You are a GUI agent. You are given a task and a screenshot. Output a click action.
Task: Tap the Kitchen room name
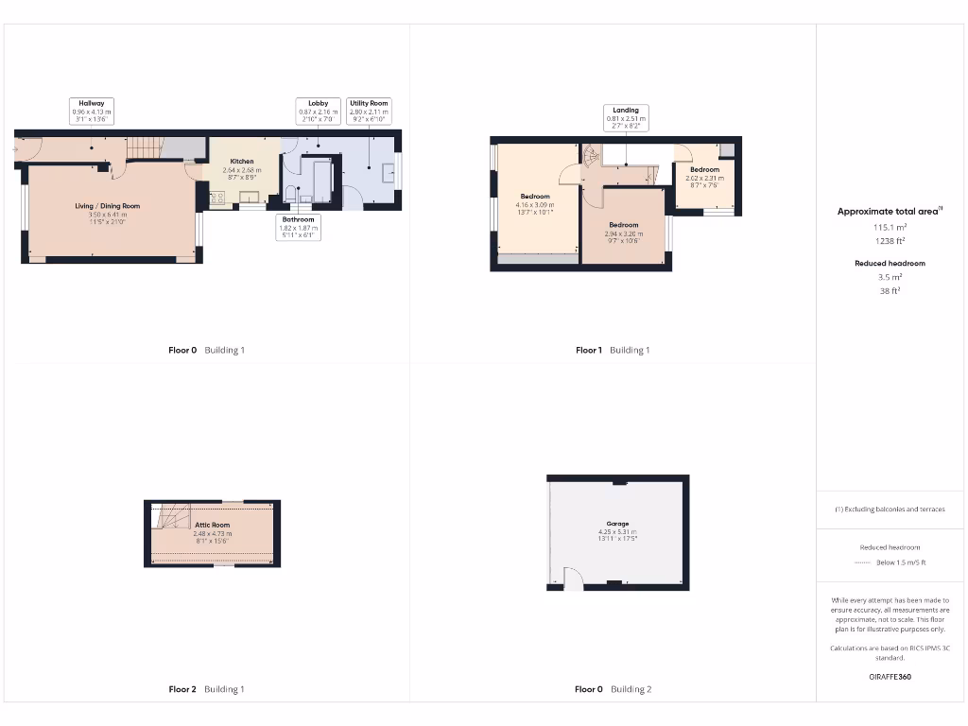click(242, 162)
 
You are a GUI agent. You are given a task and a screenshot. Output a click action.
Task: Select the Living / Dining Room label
click(108, 206)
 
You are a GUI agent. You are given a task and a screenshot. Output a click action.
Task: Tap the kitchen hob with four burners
click(216, 198)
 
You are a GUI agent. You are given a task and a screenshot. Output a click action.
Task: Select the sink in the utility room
click(389, 172)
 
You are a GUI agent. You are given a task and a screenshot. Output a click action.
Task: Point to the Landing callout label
click(625, 116)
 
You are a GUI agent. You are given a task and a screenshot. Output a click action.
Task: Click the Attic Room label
click(212, 525)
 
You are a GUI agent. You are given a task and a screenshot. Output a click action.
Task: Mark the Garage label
click(617, 523)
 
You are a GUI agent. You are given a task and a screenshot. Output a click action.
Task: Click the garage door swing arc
click(570, 577)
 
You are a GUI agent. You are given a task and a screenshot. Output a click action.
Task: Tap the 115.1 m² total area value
click(889, 228)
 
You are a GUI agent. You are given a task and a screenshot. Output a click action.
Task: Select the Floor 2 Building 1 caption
click(205, 689)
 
